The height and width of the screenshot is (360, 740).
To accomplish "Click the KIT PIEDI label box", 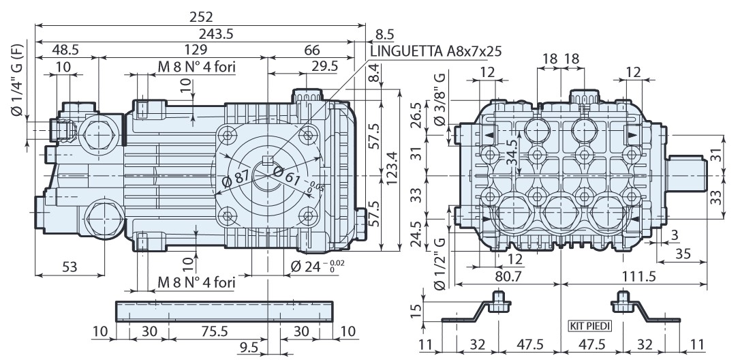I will tap(590, 326).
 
